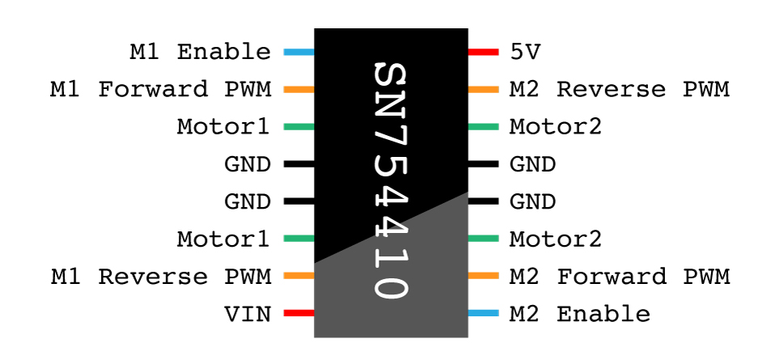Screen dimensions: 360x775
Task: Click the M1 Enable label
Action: coord(201,53)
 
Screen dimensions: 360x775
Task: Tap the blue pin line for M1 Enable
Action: coord(299,53)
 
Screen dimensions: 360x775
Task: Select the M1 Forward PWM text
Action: coord(160,89)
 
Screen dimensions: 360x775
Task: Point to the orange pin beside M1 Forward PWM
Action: coord(299,89)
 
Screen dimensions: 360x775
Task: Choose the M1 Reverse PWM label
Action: coord(160,277)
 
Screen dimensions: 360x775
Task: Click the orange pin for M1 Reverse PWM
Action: coord(299,276)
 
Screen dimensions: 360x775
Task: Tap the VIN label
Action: coord(248,314)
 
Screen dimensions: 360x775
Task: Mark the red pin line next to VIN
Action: coord(299,313)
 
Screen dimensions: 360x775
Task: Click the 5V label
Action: coord(525,53)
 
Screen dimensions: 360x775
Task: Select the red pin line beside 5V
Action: coord(483,53)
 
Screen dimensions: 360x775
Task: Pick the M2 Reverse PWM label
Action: coord(619,89)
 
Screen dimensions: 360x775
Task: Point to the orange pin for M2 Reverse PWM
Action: coord(483,89)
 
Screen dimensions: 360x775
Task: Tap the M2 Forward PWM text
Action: coord(619,277)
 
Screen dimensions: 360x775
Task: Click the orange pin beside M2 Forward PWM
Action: coord(483,276)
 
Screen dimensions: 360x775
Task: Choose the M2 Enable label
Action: coord(579,314)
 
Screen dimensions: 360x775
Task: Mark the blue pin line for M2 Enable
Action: coord(483,313)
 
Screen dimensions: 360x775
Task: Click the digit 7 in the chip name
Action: coord(391,136)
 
